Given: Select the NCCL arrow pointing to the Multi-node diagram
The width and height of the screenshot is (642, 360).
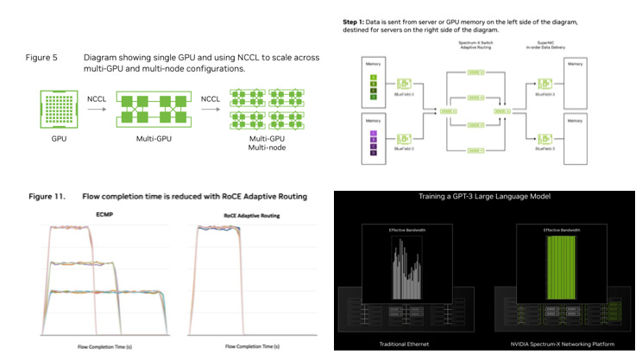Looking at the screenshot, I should [210, 110].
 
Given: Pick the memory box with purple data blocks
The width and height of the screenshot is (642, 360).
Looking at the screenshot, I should [374, 140].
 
